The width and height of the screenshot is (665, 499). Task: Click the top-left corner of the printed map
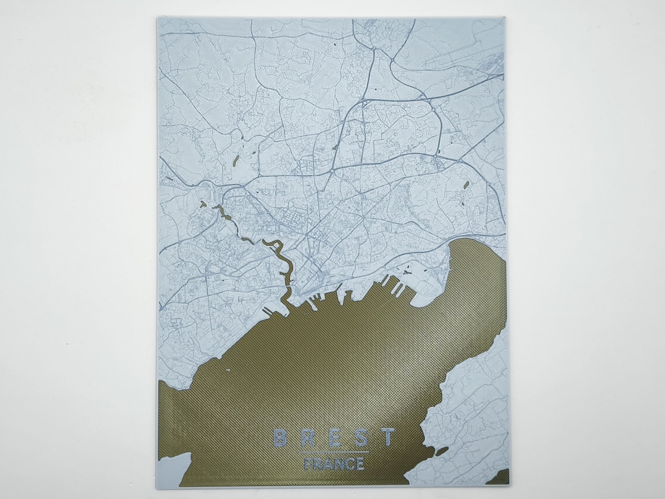tap(156, 17)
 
